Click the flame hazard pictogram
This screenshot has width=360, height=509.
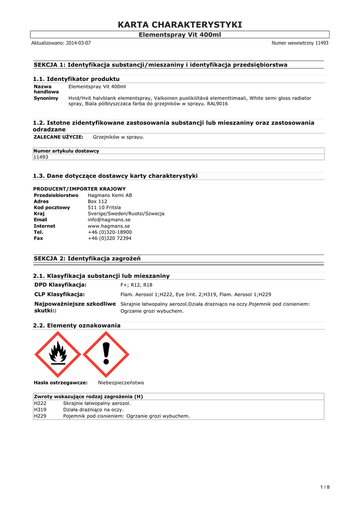(58, 354)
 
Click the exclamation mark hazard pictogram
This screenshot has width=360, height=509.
(105, 354)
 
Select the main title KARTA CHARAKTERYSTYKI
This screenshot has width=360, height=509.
(180, 25)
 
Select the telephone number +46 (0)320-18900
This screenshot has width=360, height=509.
(109, 232)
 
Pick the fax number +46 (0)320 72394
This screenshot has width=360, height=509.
(109, 239)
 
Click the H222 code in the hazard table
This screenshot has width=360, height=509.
(40, 403)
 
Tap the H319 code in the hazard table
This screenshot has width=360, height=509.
(40, 410)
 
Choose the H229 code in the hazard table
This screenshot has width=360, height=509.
(40, 416)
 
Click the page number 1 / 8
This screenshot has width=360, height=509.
(325, 487)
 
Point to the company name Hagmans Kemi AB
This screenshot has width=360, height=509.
(106, 195)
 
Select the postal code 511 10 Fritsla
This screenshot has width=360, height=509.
(105, 208)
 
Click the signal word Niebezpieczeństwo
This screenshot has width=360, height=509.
(121, 383)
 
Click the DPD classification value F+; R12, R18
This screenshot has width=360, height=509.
(136, 285)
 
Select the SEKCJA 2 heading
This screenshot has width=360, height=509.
(87, 258)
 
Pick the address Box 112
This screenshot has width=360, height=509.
(97, 202)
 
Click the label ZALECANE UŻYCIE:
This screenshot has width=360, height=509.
(58, 137)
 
